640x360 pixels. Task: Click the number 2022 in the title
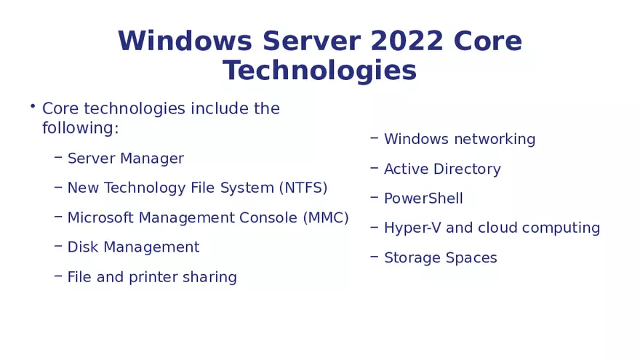click(407, 41)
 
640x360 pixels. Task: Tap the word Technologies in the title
click(320, 71)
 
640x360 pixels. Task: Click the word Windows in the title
click(185, 41)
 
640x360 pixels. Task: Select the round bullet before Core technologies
click(33, 107)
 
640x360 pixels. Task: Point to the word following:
click(80, 128)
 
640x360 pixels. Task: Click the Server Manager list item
click(125, 159)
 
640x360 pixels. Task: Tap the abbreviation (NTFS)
click(303, 188)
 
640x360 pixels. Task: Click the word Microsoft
click(100, 217)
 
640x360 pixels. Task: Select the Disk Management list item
click(133, 247)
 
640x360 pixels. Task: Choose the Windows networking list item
click(460, 139)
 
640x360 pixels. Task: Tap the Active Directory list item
click(442, 169)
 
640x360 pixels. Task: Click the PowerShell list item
click(423, 199)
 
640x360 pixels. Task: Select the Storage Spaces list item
click(441, 257)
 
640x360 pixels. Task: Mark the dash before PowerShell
click(374, 197)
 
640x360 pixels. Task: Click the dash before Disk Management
click(57, 246)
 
